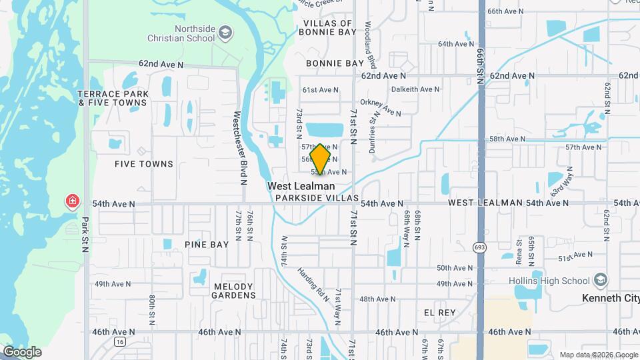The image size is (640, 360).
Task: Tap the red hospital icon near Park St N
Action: tap(71, 201)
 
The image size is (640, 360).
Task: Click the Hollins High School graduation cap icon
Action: tap(601, 279)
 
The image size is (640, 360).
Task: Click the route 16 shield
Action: tap(119, 341)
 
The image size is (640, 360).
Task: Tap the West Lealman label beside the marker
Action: tap(301, 187)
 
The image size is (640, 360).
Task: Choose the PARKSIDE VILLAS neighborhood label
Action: tap(317, 199)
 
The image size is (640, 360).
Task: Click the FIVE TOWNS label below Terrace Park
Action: tap(144, 164)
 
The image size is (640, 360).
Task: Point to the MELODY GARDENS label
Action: tap(234, 291)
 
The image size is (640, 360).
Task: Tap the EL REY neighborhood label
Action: tap(439, 312)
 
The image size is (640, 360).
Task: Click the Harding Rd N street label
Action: tap(313, 284)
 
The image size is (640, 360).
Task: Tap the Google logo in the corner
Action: tap(22, 352)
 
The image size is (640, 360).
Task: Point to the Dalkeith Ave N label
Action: tap(415, 89)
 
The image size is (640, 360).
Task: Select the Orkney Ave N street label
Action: tap(379, 103)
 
